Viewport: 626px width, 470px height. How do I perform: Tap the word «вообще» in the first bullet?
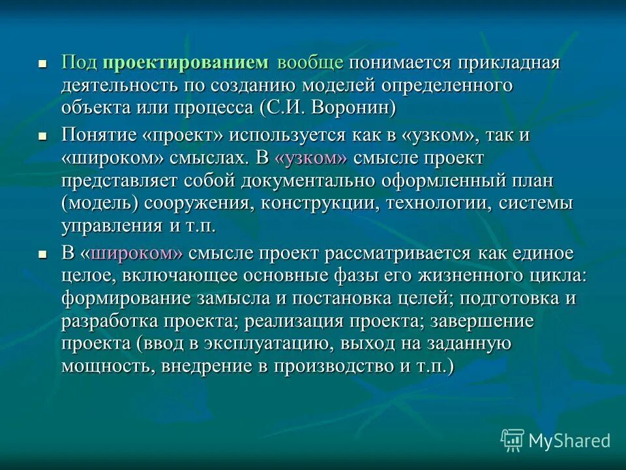pyautogui.click(x=310, y=63)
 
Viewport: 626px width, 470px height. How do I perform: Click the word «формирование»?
pyautogui.click(x=118, y=299)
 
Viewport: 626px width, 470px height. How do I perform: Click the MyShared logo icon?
pyautogui.click(x=513, y=441)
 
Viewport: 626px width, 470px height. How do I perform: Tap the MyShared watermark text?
pyautogui.click(x=569, y=441)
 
